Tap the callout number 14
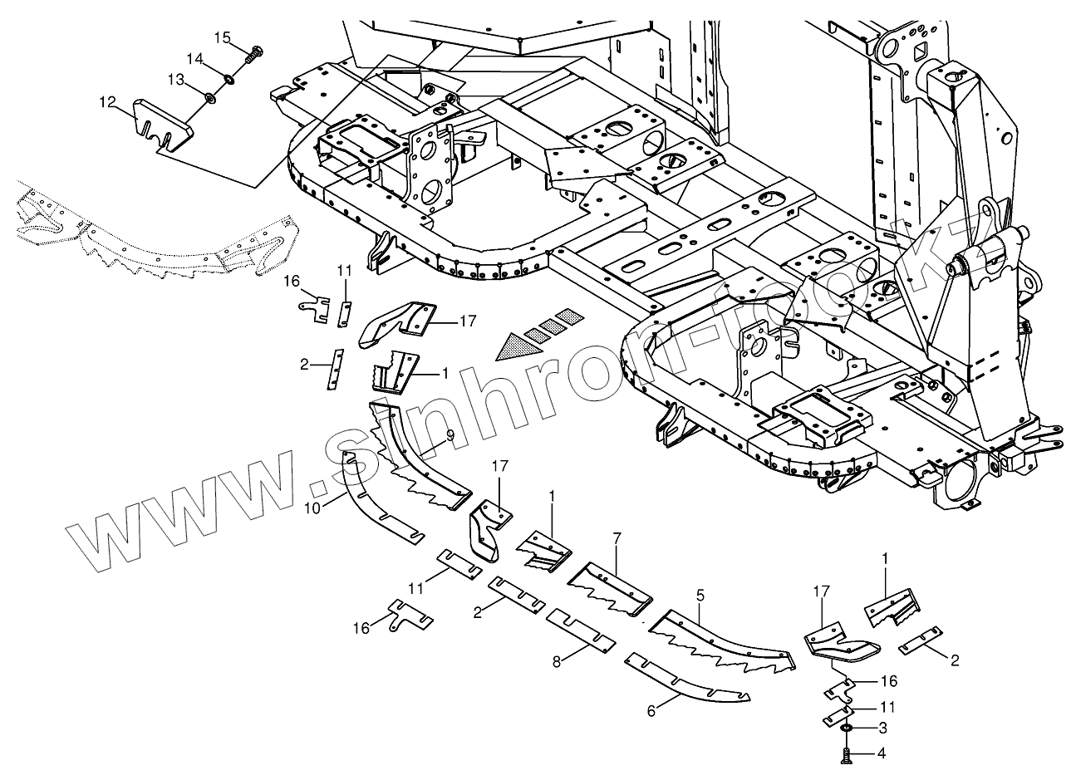click(x=194, y=59)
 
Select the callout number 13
click(x=177, y=79)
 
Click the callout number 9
click(x=450, y=434)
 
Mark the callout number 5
click(x=700, y=595)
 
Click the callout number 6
click(x=651, y=711)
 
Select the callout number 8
click(x=556, y=661)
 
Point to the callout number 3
click(x=882, y=728)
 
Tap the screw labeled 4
click(x=847, y=755)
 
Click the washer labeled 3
click(x=845, y=728)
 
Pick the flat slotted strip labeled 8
click(x=581, y=630)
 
